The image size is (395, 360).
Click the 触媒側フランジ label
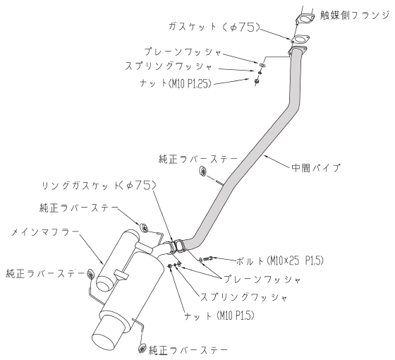(x=355, y=16)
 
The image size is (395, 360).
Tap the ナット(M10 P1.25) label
(x=175, y=83)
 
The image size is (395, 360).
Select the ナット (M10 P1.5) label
(x=219, y=316)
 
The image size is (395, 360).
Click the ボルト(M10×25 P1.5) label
(x=279, y=260)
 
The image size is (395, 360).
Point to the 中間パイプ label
(x=316, y=168)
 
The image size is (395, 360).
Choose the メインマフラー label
(x=45, y=232)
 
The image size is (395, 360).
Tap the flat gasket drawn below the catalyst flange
(x=300, y=40)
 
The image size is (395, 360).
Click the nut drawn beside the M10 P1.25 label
(x=257, y=81)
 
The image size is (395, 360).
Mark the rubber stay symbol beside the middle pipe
(x=203, y=171)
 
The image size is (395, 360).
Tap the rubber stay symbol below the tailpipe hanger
(x=142, y=348)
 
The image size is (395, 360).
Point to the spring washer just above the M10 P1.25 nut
(x=260, y=73)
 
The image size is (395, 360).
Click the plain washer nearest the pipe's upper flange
(x=262, y=65)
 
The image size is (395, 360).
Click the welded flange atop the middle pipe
(x=297, y=50)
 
